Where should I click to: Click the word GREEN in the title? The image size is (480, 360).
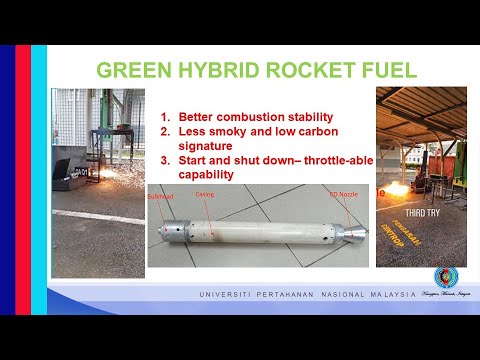(x=131, y=70)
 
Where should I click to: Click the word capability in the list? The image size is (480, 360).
(x=206, y=173)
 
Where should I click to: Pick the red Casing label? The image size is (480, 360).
(x=204, y=193)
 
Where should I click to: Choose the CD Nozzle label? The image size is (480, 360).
(x=341, y=191)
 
